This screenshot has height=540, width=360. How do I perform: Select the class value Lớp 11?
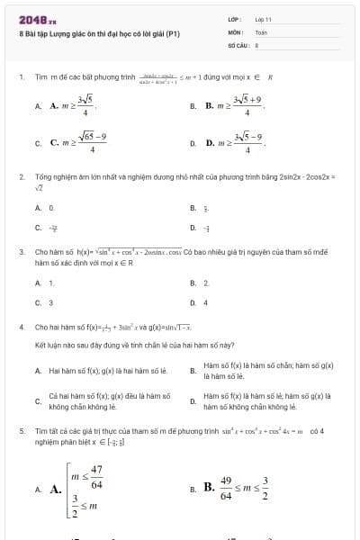coord(264,19)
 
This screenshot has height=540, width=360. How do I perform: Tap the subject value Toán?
coord(261,31)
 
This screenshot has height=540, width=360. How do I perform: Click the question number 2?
coord(21,178)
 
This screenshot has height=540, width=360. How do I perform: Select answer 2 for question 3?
coord(206,283)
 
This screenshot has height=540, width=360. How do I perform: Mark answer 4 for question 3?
coord(206,302)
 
